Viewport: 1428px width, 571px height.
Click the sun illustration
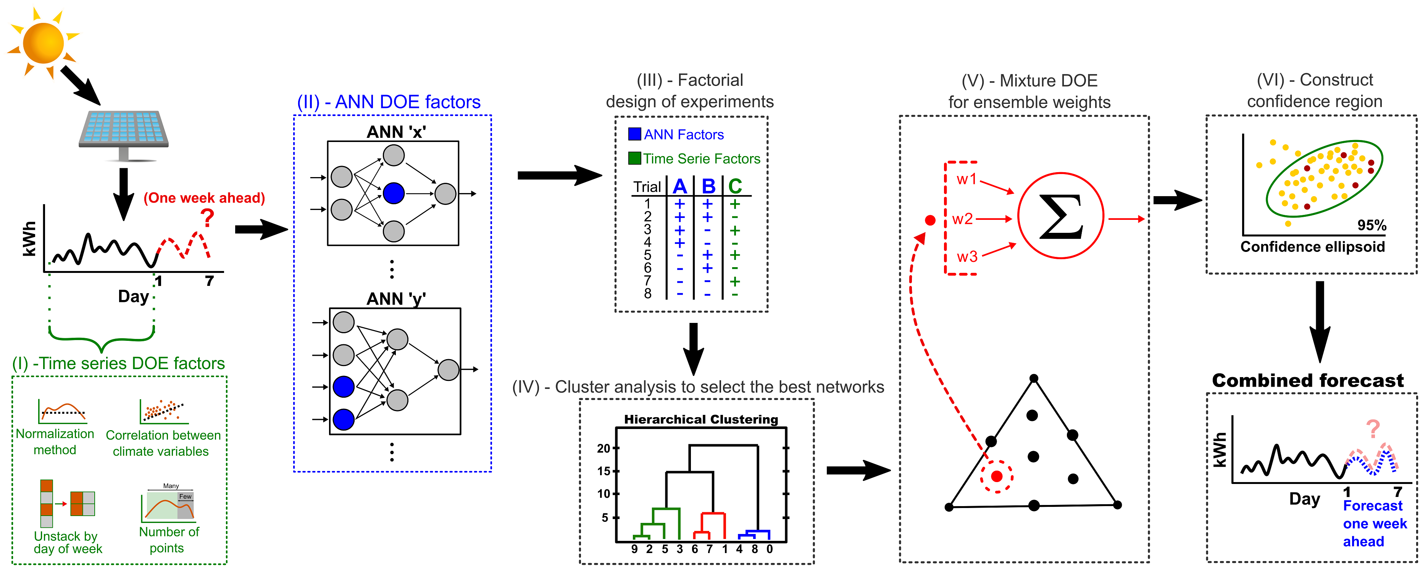tap(43, 42)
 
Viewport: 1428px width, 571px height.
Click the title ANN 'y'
tap(396, 299)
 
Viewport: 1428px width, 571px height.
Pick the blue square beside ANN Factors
tap(634, 134)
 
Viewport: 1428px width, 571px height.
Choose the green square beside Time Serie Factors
tap(634, 158)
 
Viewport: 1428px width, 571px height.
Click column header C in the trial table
tap(735, 186)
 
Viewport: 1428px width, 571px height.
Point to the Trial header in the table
tap(647, 187)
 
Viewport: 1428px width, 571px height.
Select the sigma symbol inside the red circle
tap(1060, 216)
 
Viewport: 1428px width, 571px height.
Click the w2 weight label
tap(962, 219)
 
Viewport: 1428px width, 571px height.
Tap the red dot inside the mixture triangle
tap(997, 476)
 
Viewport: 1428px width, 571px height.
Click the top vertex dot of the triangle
tap(1034, 379)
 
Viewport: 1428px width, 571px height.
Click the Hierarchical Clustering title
tap(701, 419)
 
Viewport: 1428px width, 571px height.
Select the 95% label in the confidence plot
tap(1372, 225)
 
